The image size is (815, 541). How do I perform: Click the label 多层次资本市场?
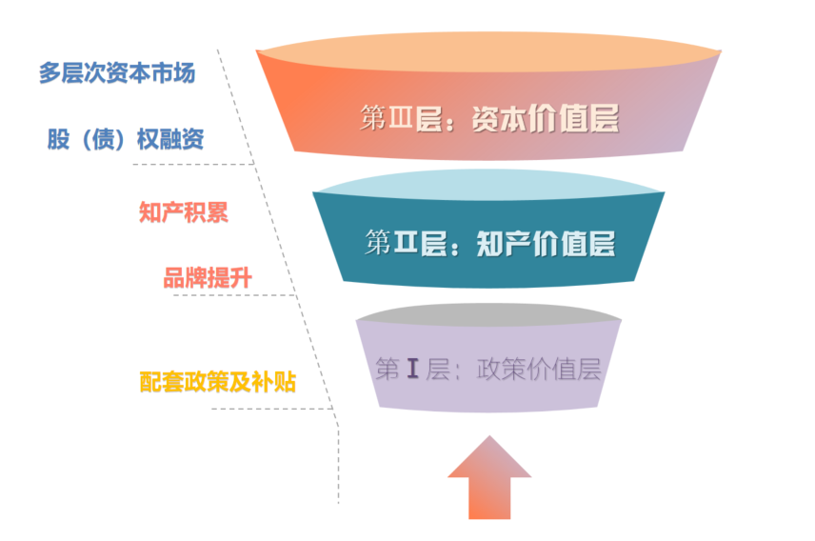click(116, 73)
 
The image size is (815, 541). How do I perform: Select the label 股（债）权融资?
click(126, 139)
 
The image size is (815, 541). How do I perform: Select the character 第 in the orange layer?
click(372, 118)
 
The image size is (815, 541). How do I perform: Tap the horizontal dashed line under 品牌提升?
click(233, 294)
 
